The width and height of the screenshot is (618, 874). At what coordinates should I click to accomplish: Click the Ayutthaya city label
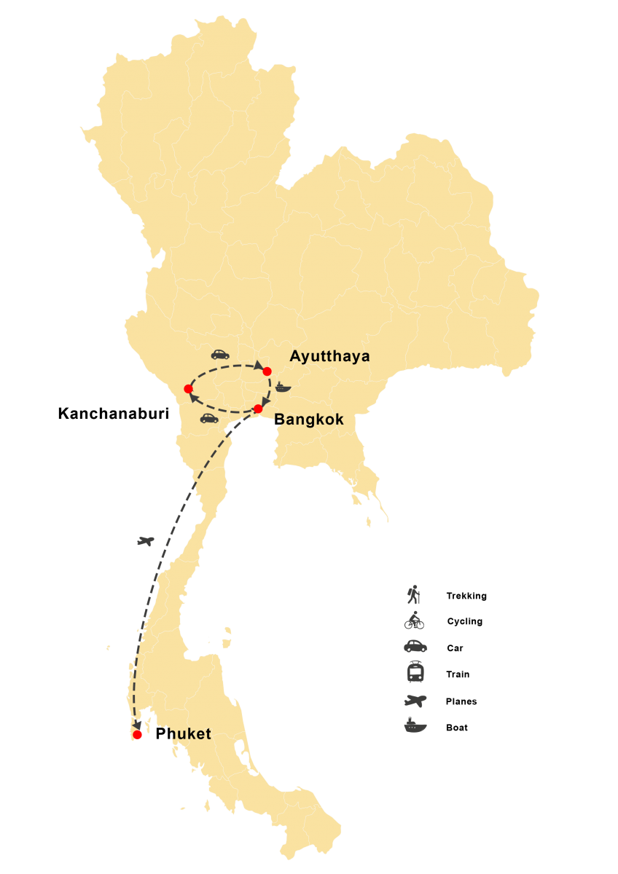pyautogui.click(x=329, y=356)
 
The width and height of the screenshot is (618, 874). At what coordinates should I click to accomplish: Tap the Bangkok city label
pyautogui.click(x=309, y=420)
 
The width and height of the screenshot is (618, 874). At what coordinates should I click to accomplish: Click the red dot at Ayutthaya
pyautogui.click(x=267, y=371)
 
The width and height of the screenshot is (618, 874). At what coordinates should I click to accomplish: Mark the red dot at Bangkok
pyautogui.click(x=258, y=409)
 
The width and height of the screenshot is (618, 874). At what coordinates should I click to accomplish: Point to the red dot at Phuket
pyautogui.click(x=138, y=735)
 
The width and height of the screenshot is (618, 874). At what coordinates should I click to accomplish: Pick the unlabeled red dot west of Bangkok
pyautogui.click(x=188, y=389)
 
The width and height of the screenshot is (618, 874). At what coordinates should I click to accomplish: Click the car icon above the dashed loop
pyautogui.click(x=220, y=354)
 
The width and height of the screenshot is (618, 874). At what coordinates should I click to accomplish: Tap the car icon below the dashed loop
pyautogui.click(x=209, y=418)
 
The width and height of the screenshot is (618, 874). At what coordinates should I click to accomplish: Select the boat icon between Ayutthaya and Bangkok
pyautogui.click(x=283, y=387)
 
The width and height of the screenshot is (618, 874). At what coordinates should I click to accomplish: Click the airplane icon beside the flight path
pyautogui.click(x=146, y=541)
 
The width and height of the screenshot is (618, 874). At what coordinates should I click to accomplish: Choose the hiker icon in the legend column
pyautogui.click(x=414, y=595)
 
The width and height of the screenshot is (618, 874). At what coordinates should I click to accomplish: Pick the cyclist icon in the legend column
pyautogui.click(x=414, y=621)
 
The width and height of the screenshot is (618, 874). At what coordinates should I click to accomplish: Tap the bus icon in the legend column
pyautogui.click(x=415, y=672)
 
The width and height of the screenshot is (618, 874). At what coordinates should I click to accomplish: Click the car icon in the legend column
pyautogui.click(x=415, y=646)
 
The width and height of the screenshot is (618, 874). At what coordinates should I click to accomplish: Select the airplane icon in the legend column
pyautogui.click(x=415, y=700)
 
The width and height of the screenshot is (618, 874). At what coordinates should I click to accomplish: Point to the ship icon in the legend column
pyautogui.click(x=415, y=725)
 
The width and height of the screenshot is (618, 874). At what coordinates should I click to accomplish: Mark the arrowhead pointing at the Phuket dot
pyautogui.click(x=136, y=726)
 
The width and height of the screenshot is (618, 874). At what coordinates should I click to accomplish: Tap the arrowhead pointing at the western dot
pyautogui.click(x=194, y=396)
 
